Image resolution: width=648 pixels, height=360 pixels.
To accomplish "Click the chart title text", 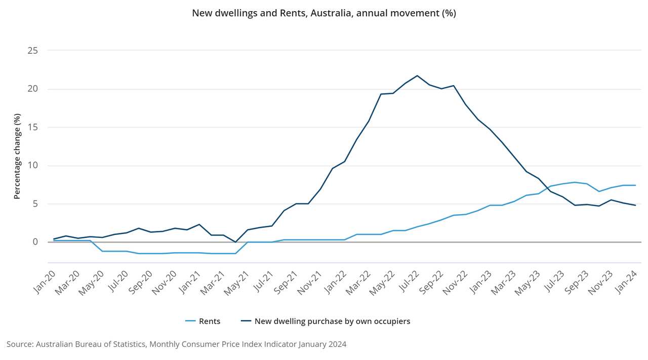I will point(324,13).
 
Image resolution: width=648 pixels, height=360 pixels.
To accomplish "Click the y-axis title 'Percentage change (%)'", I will point(17,156).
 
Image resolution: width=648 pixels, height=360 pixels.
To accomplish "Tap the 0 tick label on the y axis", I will point(35,242).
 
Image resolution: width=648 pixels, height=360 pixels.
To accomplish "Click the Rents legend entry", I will point(203,321).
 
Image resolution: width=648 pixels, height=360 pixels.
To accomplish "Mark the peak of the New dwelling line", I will point(417,75).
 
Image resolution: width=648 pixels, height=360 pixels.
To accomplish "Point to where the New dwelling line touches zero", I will point(235,242).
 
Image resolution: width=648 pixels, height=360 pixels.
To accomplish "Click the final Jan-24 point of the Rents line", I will point(635,185).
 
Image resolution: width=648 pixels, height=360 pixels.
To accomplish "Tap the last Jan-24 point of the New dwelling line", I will point(635,205).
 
